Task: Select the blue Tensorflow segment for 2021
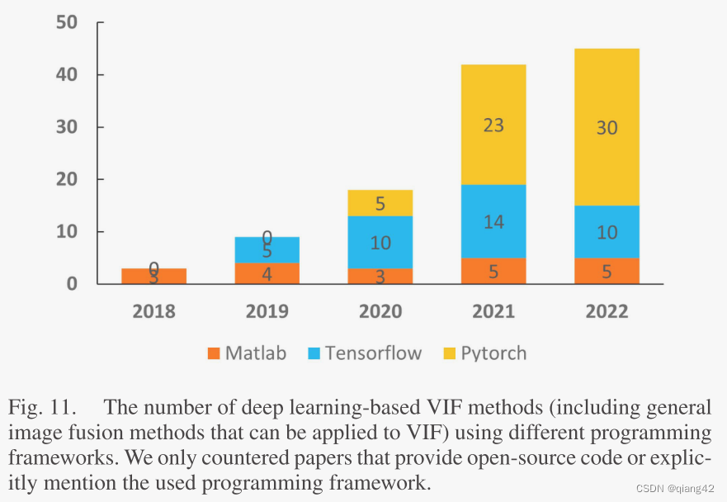[493, 221]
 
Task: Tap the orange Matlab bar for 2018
[153, 276]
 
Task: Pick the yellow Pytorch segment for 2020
[380, 203]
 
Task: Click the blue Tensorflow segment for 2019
[267, 250]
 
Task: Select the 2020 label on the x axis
[380, 311]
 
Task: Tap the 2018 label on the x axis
[153, 311]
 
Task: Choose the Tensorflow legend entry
[364, 353]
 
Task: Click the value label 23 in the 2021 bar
[493, 125]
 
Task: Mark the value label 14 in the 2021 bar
[493, 221]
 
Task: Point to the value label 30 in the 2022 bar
[607, 128]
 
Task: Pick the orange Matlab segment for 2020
[380, 276]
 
